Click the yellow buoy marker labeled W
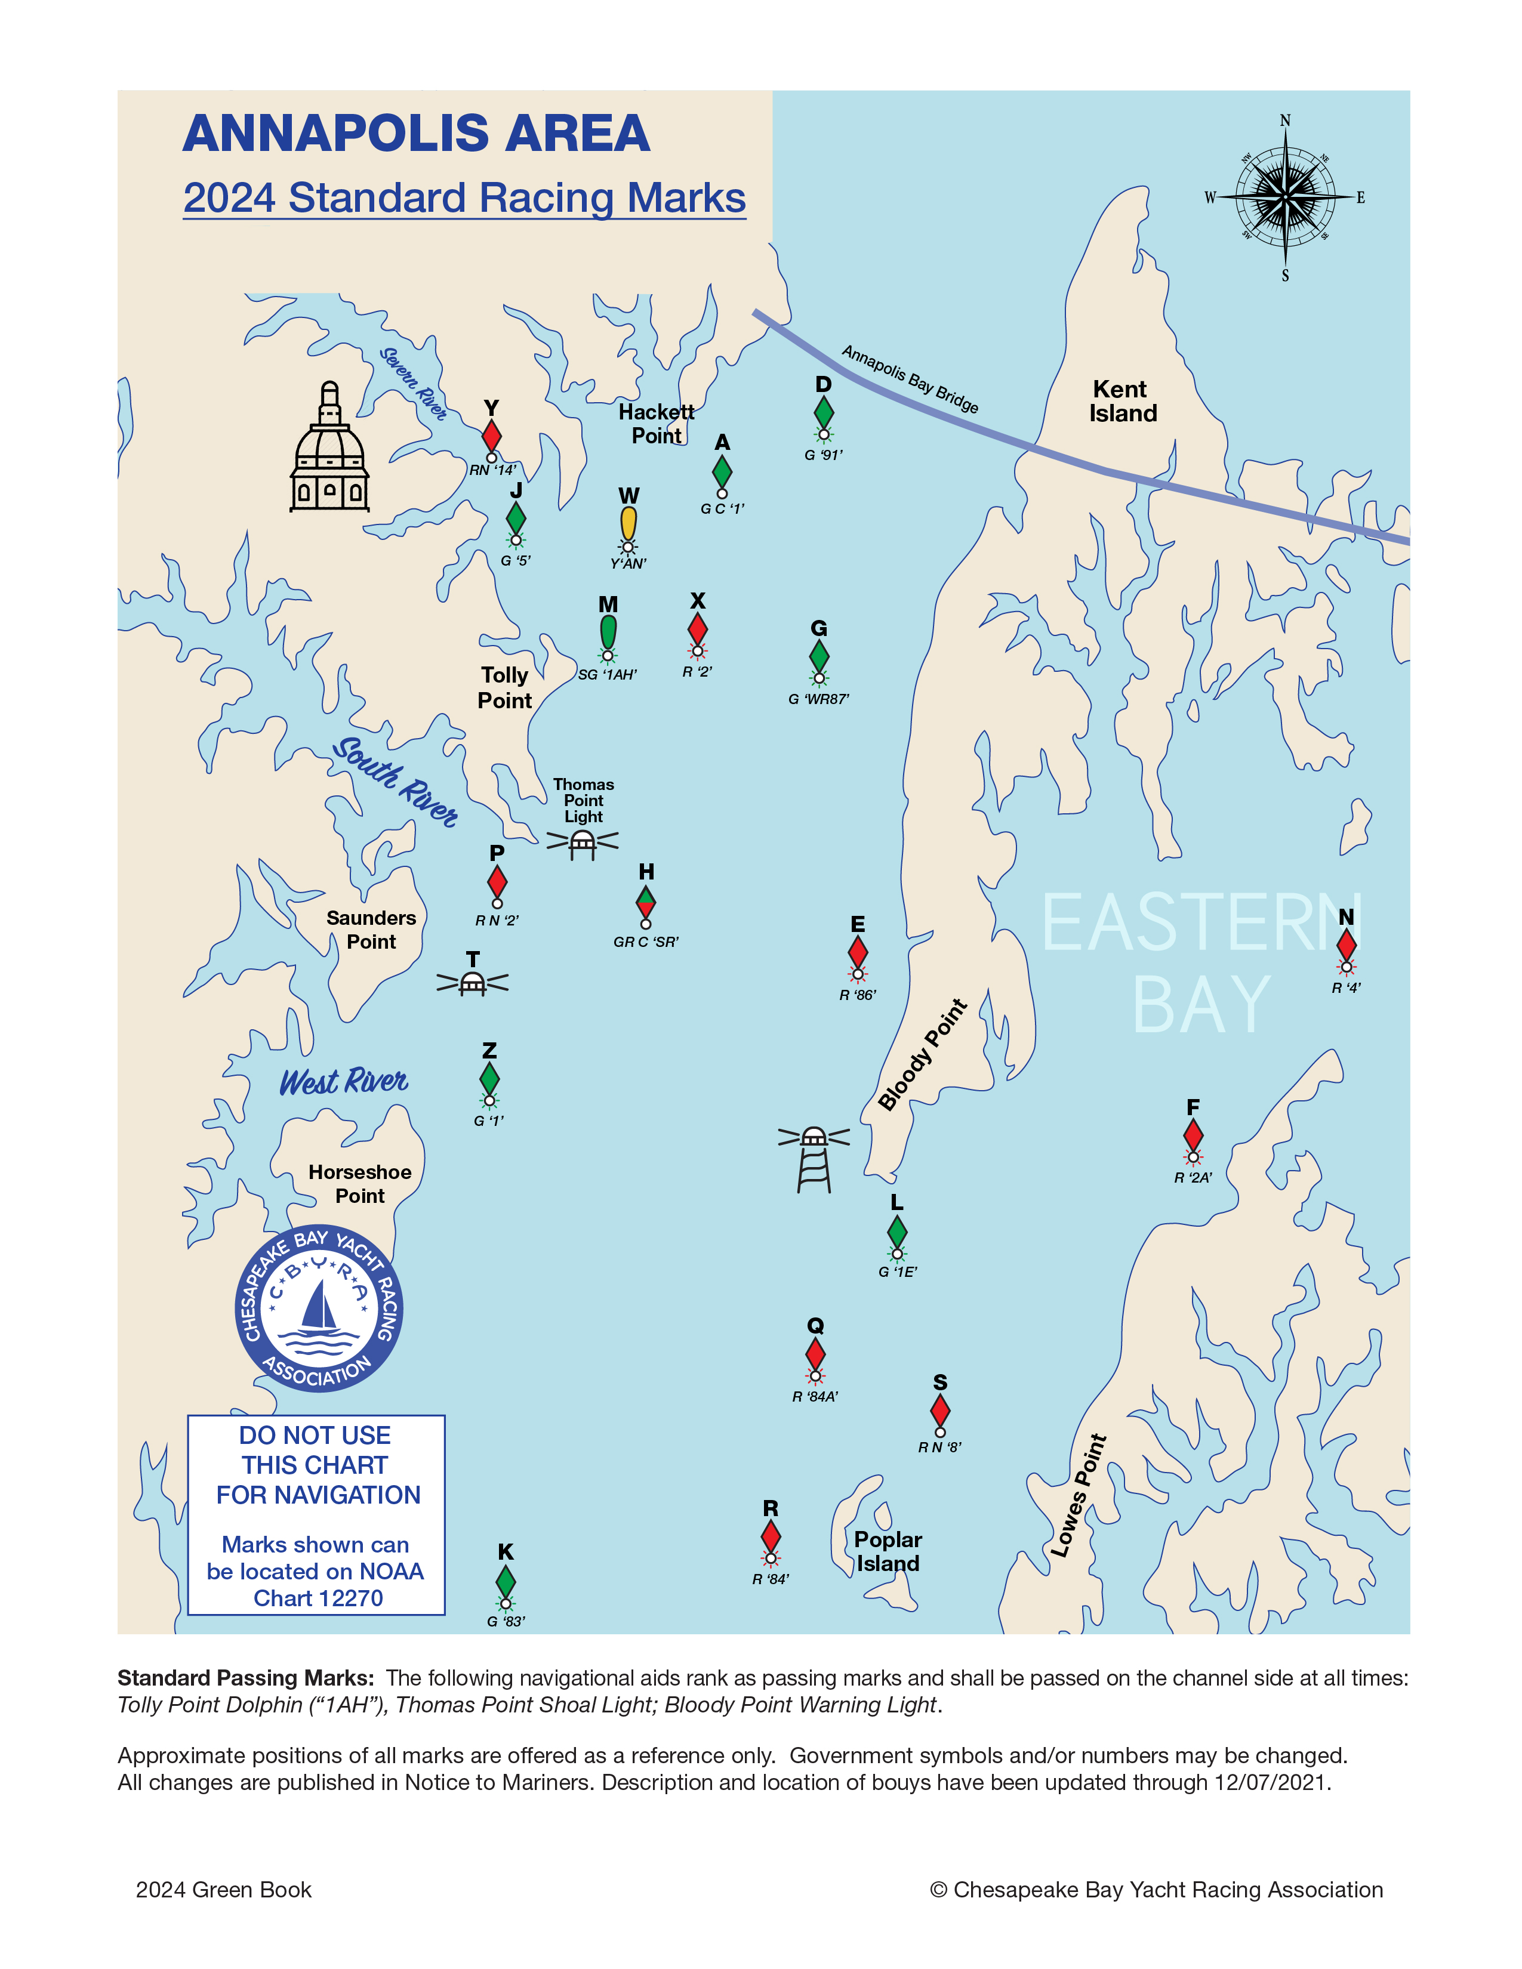pyautogui.click(x=628, y=524)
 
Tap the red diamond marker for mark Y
pyautogui.click(x=491, y=436)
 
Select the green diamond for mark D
pyautogui.click(x=823, y=412)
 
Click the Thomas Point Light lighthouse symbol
pyautogui.click(x=583, y=843)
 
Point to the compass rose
pyautogui.click(x=1285, y=196)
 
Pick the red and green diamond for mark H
pyautogui.click(x=646, y=900)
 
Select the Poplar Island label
pyautogui.click(x=888, y=1551)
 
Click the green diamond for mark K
pyautogui.click(x=506, y=1581)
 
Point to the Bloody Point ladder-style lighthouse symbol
pyautogui.click(x=814, y=1159)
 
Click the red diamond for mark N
pyautogui.click(x=1346, y=944)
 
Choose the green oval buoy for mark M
pyautogui.click(x=609, y=631)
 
